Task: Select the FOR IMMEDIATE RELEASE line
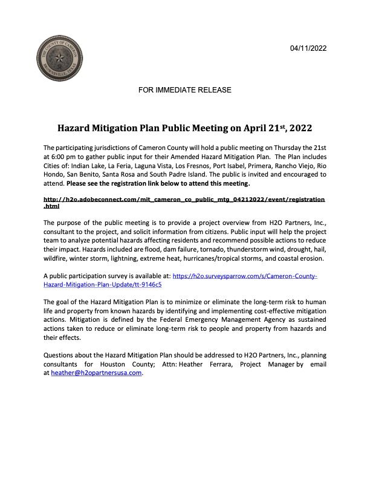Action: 185,90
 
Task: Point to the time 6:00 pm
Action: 63,156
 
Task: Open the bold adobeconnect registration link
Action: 184,199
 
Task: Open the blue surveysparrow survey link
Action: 245,275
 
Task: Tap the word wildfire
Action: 57,258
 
